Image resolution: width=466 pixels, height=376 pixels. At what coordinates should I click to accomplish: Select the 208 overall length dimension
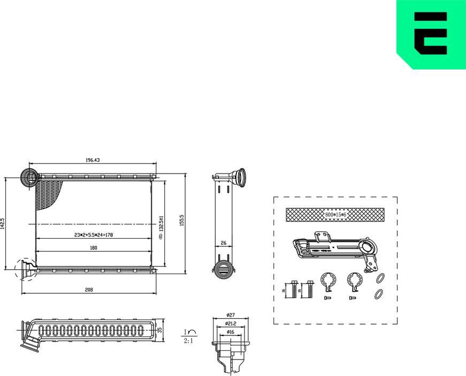(89, 290)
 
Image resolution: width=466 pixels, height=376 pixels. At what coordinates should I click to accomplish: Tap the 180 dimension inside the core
(94, 248)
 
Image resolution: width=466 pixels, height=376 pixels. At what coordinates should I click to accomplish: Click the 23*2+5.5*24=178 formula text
(94, 235)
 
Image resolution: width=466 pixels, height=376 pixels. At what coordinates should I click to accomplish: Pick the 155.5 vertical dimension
(182, 220)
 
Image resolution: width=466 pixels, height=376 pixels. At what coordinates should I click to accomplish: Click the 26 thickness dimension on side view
(224, 243)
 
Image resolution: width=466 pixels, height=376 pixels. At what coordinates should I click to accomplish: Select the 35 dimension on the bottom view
(159, 330)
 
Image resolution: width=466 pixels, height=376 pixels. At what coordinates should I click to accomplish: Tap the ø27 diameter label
(230, 315)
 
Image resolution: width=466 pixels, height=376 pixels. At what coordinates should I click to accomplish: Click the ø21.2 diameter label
(230, 323)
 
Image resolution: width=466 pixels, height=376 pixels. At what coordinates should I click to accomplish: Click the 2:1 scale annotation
(189, 340)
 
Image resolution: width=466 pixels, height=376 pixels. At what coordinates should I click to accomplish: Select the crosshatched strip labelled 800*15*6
(335, 214)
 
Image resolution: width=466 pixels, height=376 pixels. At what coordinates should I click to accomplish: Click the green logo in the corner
(431, 34)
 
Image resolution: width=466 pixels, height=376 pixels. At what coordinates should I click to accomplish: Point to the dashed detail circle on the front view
(25, 269)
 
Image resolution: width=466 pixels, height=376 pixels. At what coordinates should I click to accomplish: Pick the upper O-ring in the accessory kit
(380, 278)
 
